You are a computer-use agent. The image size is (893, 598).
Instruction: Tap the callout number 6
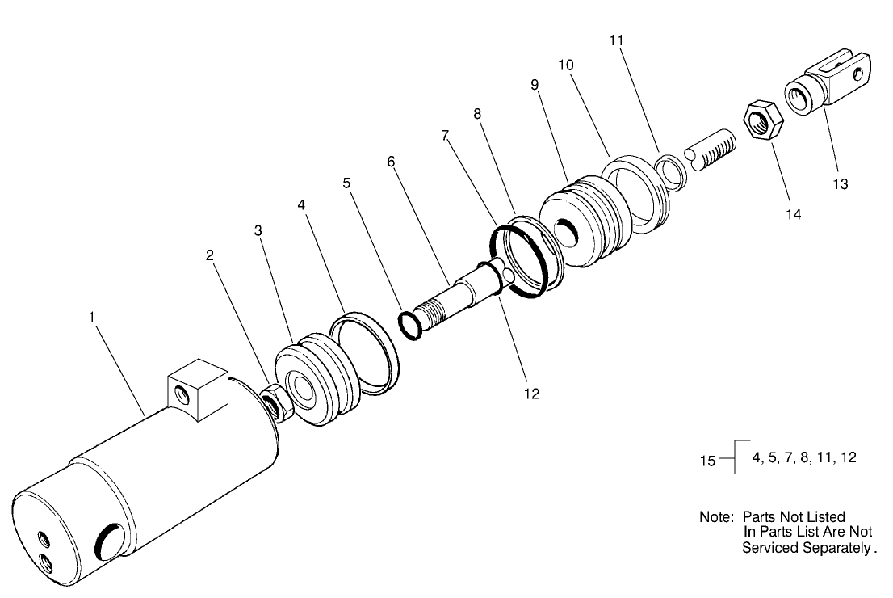[x=392, y=162]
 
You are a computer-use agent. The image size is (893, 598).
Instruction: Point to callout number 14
[x=794, y=214]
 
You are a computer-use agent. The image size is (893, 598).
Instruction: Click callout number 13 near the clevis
[x=841, y=183]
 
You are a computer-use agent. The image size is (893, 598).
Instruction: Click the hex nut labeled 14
[x=759, y=120]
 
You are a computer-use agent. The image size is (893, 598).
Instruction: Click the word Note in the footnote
[x=715, y=516]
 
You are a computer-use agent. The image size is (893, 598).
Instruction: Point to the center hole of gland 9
[x=570, y=230]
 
